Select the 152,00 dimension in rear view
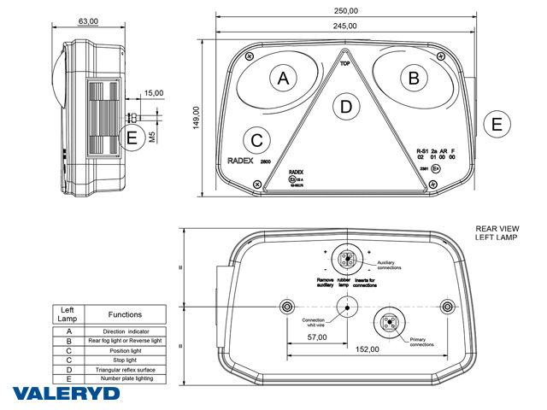366,349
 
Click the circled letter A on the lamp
284,79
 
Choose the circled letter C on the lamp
257,138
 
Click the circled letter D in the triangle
345,107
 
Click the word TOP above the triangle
345,63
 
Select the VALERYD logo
67,394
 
